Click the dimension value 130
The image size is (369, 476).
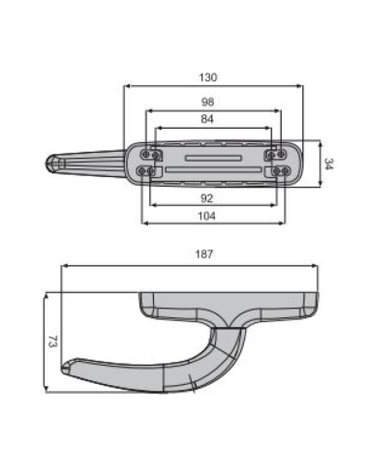[208, 77]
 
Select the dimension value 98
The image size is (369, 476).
[208, 102]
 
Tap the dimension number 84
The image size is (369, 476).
[208, 120]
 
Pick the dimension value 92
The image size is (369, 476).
[208, 197]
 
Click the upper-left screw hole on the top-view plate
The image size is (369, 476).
[148, 154]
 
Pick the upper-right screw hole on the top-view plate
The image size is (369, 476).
[275, 154]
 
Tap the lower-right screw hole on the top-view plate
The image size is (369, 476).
[279, 171]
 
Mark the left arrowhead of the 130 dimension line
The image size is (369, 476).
[128, 85]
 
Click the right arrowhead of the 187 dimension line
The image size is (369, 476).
[319, 263]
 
